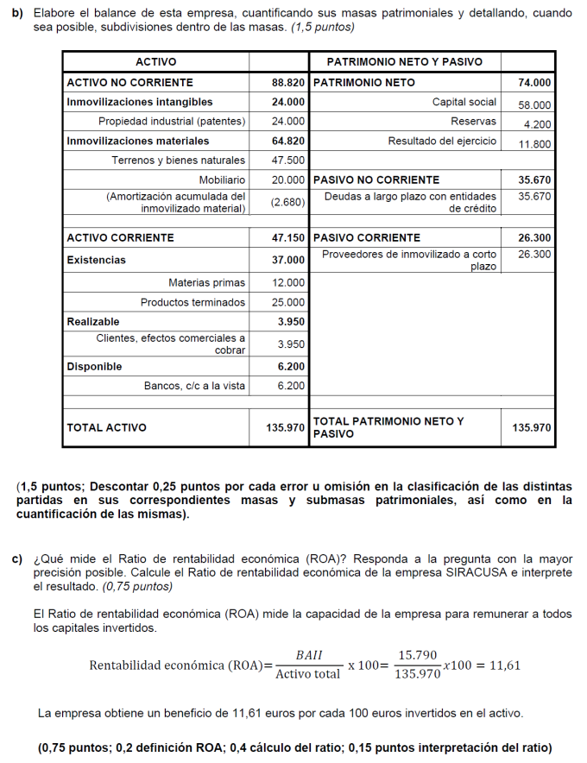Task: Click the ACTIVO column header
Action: coord(156,62)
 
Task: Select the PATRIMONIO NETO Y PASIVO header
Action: coord(404,62)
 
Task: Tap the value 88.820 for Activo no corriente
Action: coord(288,83)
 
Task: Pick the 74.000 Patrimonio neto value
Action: coord(534,83)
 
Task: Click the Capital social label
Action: coord(464,103)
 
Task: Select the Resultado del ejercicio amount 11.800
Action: coord(534,144)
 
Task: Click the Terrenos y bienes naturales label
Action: coord(178,161)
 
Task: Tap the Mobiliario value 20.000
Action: coord(288,180)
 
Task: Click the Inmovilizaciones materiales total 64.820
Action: coord(288,141)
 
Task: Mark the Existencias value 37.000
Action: coord(288,260)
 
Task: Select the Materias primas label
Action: coord(206,282)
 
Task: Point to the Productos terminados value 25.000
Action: coord(288,302)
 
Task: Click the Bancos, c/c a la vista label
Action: coord(194,386)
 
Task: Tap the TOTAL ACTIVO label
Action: coord(106,427)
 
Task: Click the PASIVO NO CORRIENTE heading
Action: coord(376,180)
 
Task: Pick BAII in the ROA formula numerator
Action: coord(308,656)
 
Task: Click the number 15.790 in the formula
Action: coord(417,656)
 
